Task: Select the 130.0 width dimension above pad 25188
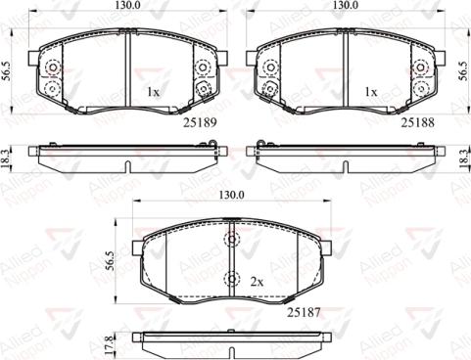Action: [x=345, y=6]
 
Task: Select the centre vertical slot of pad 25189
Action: [x=128, y=68]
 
